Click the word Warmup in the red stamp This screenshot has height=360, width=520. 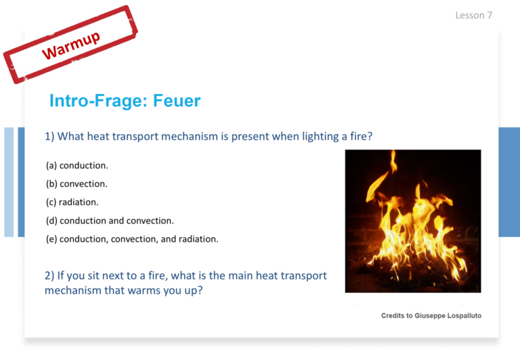click(70, 45)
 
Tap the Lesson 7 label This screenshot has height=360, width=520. click(473, 16)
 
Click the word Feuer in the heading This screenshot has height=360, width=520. click(177, 100)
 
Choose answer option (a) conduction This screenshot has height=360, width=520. click(77, 165)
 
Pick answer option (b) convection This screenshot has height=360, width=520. click(77, 183)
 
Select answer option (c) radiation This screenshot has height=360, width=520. click(72, 202)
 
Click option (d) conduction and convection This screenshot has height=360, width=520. click(110, 221)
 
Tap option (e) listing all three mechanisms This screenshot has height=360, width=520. click(132, 239)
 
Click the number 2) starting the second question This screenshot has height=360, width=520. click(49, 275)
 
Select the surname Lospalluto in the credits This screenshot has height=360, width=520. click(464, 315)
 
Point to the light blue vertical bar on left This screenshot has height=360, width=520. click(9, 182)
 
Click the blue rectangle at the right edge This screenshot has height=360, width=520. click(509, 182)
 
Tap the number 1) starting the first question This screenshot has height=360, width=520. click(49, 136)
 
